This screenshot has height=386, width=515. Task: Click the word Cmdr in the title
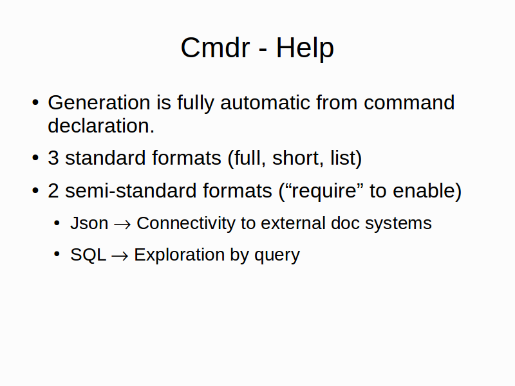coord(215,48)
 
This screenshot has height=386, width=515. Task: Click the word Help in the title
coord(304,48)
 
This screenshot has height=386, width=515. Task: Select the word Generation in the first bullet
coord(99,102)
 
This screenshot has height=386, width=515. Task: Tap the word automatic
coord(265,102)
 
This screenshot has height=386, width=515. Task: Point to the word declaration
coord(101,125)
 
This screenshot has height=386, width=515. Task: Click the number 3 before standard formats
coord(53,158)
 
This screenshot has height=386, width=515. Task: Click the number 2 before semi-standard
coord(53,190)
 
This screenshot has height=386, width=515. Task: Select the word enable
coord(427,190)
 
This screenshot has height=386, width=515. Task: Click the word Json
coord(89,223)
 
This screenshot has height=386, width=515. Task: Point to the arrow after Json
coord(122,225)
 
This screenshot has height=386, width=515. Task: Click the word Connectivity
coord(186,223)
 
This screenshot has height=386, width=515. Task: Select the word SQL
coord(88,255)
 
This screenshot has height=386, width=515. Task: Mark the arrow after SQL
coord(120,256)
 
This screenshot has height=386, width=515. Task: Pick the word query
coord(277,255)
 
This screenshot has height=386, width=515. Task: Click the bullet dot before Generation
coord(35,102)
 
